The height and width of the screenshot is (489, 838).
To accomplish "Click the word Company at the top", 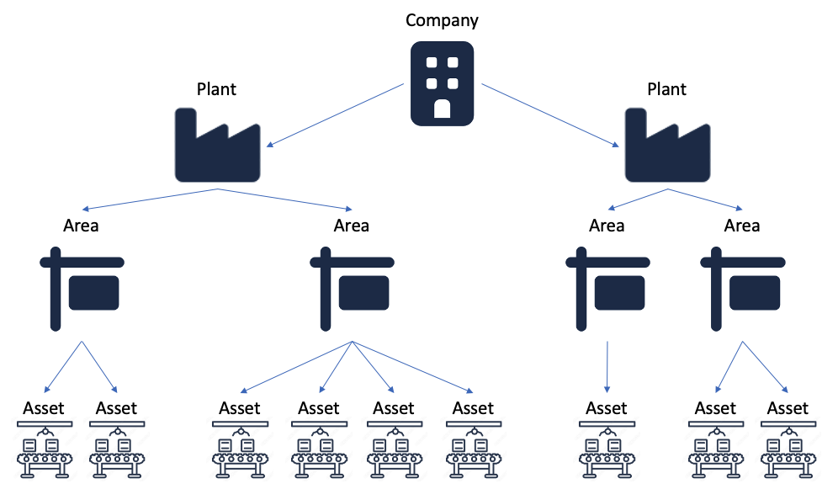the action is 442,21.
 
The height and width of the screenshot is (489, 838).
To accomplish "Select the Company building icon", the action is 442,83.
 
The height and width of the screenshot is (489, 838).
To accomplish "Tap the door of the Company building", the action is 442,109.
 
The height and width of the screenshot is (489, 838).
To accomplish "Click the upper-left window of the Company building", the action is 432,62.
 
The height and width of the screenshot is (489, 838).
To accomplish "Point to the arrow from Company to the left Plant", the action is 335,115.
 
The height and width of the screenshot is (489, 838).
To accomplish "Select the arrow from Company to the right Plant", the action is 550,115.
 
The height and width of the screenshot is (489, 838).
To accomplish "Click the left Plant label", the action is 216,89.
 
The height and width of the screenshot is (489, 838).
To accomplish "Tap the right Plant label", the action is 667,89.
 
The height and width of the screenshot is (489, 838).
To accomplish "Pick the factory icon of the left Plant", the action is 218,145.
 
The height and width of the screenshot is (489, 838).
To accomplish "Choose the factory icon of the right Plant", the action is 667,145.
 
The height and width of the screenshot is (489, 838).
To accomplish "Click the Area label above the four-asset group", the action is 351,226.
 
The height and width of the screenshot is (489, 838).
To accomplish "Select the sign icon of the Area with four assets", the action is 353,289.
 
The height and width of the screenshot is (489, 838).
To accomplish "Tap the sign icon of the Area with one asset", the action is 607,289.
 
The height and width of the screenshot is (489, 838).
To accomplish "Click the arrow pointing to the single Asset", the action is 607,367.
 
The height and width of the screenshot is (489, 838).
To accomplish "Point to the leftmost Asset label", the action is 44,408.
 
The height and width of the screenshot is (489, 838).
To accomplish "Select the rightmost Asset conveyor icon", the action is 788,449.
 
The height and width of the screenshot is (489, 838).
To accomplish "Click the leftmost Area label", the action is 81,226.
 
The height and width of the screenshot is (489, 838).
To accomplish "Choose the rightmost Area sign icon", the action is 743,289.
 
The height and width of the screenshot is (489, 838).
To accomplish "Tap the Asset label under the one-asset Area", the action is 607,408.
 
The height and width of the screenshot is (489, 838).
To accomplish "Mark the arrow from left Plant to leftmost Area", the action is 150,199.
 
